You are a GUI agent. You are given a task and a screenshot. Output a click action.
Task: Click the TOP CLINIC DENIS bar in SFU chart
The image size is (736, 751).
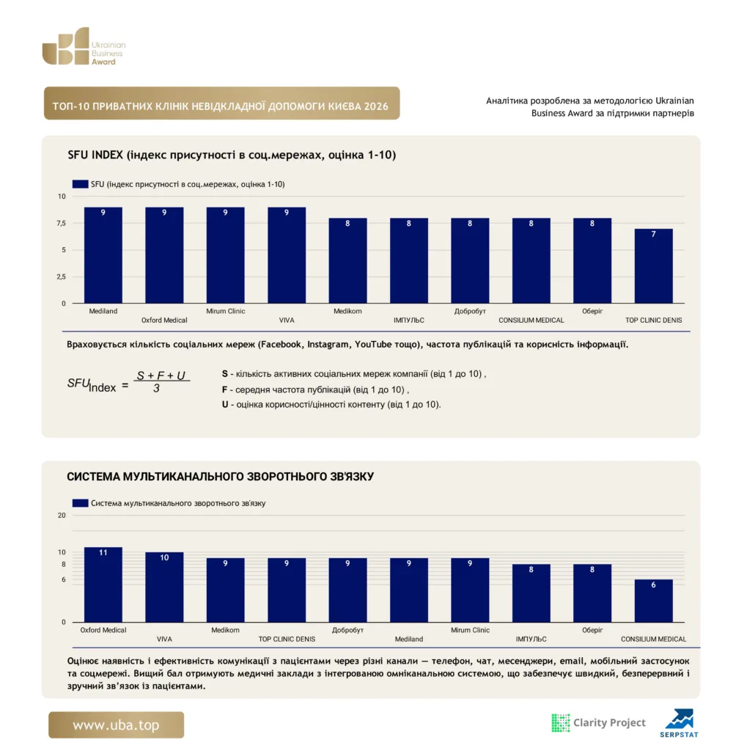pyautogui.click(x=653, y=265)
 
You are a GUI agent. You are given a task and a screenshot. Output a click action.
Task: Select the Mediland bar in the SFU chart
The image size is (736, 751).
pyautogui.click(x=103, y=255)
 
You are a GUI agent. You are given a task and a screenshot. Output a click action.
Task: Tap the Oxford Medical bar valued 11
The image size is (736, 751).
pyautogui.click(x=103, y=585)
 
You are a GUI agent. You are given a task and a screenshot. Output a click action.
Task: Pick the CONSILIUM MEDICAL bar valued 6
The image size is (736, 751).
pyautogui.click(x=653, y=601)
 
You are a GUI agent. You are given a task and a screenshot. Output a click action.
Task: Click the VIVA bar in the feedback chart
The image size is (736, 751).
pyautogui.click(x=164, y=587)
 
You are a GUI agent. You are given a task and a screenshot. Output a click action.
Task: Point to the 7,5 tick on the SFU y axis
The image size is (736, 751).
pyautogui.click(x=62, y=223)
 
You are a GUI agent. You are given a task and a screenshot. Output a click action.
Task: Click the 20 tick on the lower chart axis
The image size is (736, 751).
pyautogui.click(x=62, y=516)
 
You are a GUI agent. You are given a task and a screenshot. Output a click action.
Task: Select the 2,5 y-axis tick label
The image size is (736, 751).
pyautogui.click(x=62, y=276)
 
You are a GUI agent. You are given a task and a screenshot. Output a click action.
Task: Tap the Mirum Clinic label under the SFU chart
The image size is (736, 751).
pyautogui.click(x=226, y=311)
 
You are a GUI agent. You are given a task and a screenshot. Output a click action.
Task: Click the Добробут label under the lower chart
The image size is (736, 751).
pyautogui.click(x=347, y=630)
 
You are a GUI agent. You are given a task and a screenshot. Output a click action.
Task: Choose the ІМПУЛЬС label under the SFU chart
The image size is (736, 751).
pyautogui.click(x=409, y=320)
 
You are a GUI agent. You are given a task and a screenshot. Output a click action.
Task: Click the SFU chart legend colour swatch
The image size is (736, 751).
pyautogui.click(x=80, y=184)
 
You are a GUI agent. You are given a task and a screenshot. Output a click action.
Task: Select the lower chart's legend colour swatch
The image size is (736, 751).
pyautogui.click(x=80, y=503)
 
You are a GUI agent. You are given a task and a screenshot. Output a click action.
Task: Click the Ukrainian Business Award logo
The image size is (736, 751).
pyautogui.click(x=84, y=46)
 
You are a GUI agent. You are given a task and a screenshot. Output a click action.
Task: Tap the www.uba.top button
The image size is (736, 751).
pyautogui.click(x=116, y=725)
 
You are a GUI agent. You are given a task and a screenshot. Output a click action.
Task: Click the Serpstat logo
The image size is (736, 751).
pyautogui.click(x=679, y=723)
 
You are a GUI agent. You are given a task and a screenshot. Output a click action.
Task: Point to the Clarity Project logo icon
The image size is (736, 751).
pyautogui.click(x=560, y=722)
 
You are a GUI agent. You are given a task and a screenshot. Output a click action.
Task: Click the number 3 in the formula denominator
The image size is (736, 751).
pyautogui.click(x=157, y=389)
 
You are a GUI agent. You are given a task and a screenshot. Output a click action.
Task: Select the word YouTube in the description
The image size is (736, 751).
pyautogui.click(x=373, y=345)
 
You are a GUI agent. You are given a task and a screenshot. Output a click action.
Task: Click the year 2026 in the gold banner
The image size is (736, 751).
pyautogui.click(x=376, y=106)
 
